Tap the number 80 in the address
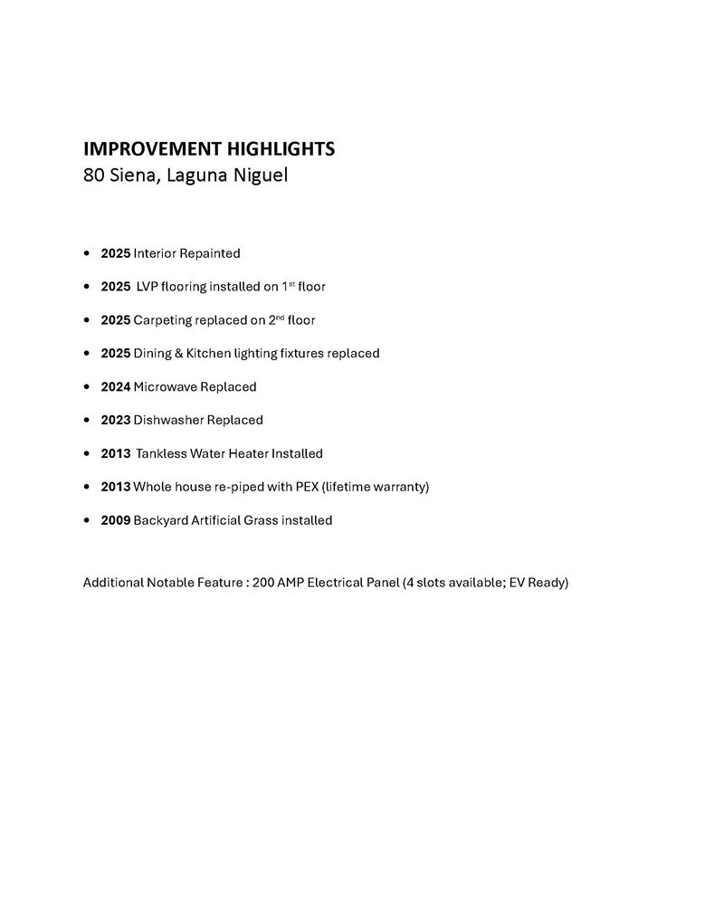tap(92, 175)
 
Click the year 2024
tap(115, 386)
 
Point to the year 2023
tap(115, 420)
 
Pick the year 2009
tap(115, 520)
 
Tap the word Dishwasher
tap(168, 420)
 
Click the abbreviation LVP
tap(147, 287)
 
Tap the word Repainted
tap(210, 253)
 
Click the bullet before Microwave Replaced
tap(86, 387)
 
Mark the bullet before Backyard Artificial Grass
tap(86, 521)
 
